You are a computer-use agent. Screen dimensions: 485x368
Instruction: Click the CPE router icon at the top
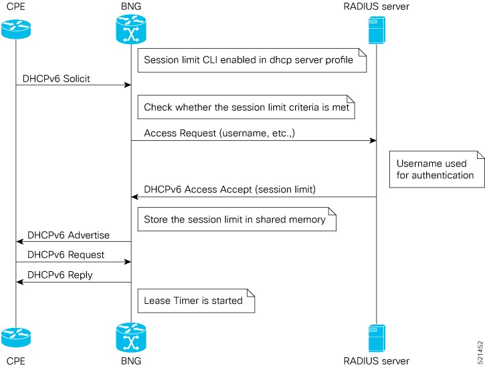tap(16, 29)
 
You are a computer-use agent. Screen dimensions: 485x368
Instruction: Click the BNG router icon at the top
tap(131, 29)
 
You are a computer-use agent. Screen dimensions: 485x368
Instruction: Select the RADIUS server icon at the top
tap(377, 30)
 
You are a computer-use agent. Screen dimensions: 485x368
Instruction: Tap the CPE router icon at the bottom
tap(16, 337)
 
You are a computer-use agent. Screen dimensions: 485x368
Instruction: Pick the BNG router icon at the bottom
tap(131, 337)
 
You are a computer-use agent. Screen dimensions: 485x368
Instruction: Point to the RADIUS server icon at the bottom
tap(377, 339)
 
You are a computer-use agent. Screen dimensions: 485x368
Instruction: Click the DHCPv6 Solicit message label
tap(56, 79)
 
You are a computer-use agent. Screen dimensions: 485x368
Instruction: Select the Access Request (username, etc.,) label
tap(219, 133)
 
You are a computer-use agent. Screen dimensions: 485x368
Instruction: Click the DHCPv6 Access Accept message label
tap(230, 189)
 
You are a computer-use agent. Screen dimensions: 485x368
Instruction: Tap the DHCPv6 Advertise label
tap(68, 235)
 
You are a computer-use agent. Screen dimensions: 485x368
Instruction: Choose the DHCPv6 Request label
tap(66, 254)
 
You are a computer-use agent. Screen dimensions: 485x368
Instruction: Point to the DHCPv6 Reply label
tap(60, 274)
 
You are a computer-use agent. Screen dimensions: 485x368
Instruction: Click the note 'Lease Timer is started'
tap(196, 301)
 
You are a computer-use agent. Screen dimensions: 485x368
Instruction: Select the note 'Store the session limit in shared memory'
tap(237, 219)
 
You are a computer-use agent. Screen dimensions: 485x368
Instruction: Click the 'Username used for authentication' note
tap(437, 169)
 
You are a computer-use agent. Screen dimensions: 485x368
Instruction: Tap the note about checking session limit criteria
tap(246, 107)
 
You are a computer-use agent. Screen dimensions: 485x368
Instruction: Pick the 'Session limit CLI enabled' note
tap(252, 60)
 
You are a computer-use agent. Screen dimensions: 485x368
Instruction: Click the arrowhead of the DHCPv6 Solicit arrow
tap(128, 85)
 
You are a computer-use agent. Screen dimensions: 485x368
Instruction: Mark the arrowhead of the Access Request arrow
tap(373, 141)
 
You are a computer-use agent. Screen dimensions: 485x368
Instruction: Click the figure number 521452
tap(480, 352)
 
